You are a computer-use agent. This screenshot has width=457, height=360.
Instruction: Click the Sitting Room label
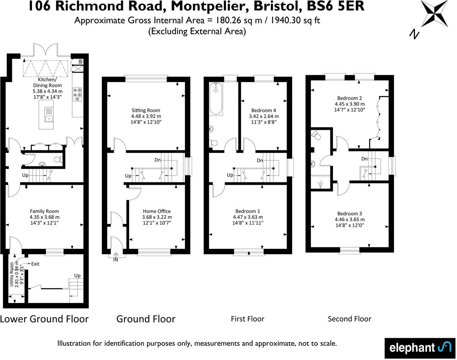click(x=146, y=110)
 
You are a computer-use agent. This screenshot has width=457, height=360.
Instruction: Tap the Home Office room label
click(x=157, y=211)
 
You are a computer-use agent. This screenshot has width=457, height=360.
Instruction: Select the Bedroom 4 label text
click(x=264, y=110)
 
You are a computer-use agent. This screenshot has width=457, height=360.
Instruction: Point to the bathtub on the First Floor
click(x=216, y=99)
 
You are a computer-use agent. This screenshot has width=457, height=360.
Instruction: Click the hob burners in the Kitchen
click(x=78, y=94)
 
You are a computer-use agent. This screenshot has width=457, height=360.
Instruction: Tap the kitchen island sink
click(x=49, y=115)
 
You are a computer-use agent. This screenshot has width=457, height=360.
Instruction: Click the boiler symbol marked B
click(x=80, y=62)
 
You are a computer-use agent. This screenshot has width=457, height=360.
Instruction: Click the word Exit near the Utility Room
click(x=35, y=264)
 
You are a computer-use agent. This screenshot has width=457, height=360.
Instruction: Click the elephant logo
click(x=420, y=348)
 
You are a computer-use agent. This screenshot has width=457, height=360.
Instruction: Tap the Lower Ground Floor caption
click(x=44, y=319)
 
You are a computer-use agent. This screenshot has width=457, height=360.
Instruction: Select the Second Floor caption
click(x=349, y=319)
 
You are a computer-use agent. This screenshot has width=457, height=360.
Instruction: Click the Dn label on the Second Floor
click(x=364, y=159)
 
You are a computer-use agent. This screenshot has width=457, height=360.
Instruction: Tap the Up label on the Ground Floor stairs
click(x=128, y=176)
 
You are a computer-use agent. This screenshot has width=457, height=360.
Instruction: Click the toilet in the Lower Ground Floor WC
click(x=58, y=159)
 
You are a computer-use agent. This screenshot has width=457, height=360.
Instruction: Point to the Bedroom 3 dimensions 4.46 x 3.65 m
click(x=350, y=220)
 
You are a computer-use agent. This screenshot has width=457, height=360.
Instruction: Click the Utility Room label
click(x=12, y=274)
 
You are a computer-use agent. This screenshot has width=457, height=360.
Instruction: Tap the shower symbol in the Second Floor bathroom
click(x=320, y=184)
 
